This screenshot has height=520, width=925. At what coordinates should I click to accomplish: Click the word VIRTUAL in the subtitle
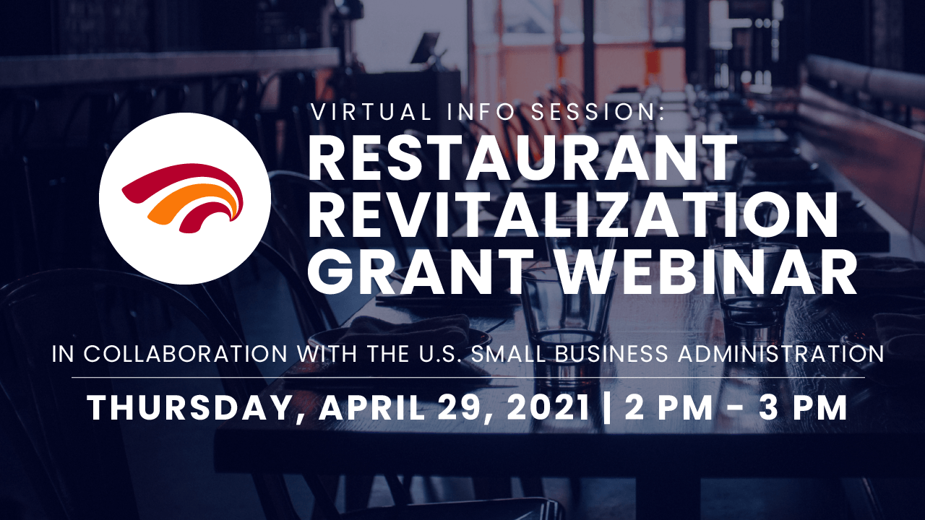pos(371,112)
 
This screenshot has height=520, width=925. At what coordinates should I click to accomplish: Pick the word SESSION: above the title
pos(598,112)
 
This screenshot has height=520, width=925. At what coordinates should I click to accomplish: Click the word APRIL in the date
pos(372,407)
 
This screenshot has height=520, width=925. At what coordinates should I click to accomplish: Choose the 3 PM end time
pos(803,407)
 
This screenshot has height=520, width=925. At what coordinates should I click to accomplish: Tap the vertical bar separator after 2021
pos(606,408)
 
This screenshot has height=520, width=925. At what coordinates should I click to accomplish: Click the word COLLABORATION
pos(186,354)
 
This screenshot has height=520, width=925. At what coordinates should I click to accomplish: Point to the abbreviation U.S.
pos(438,354)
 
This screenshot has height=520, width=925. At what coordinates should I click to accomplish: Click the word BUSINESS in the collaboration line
pos(611,354)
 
